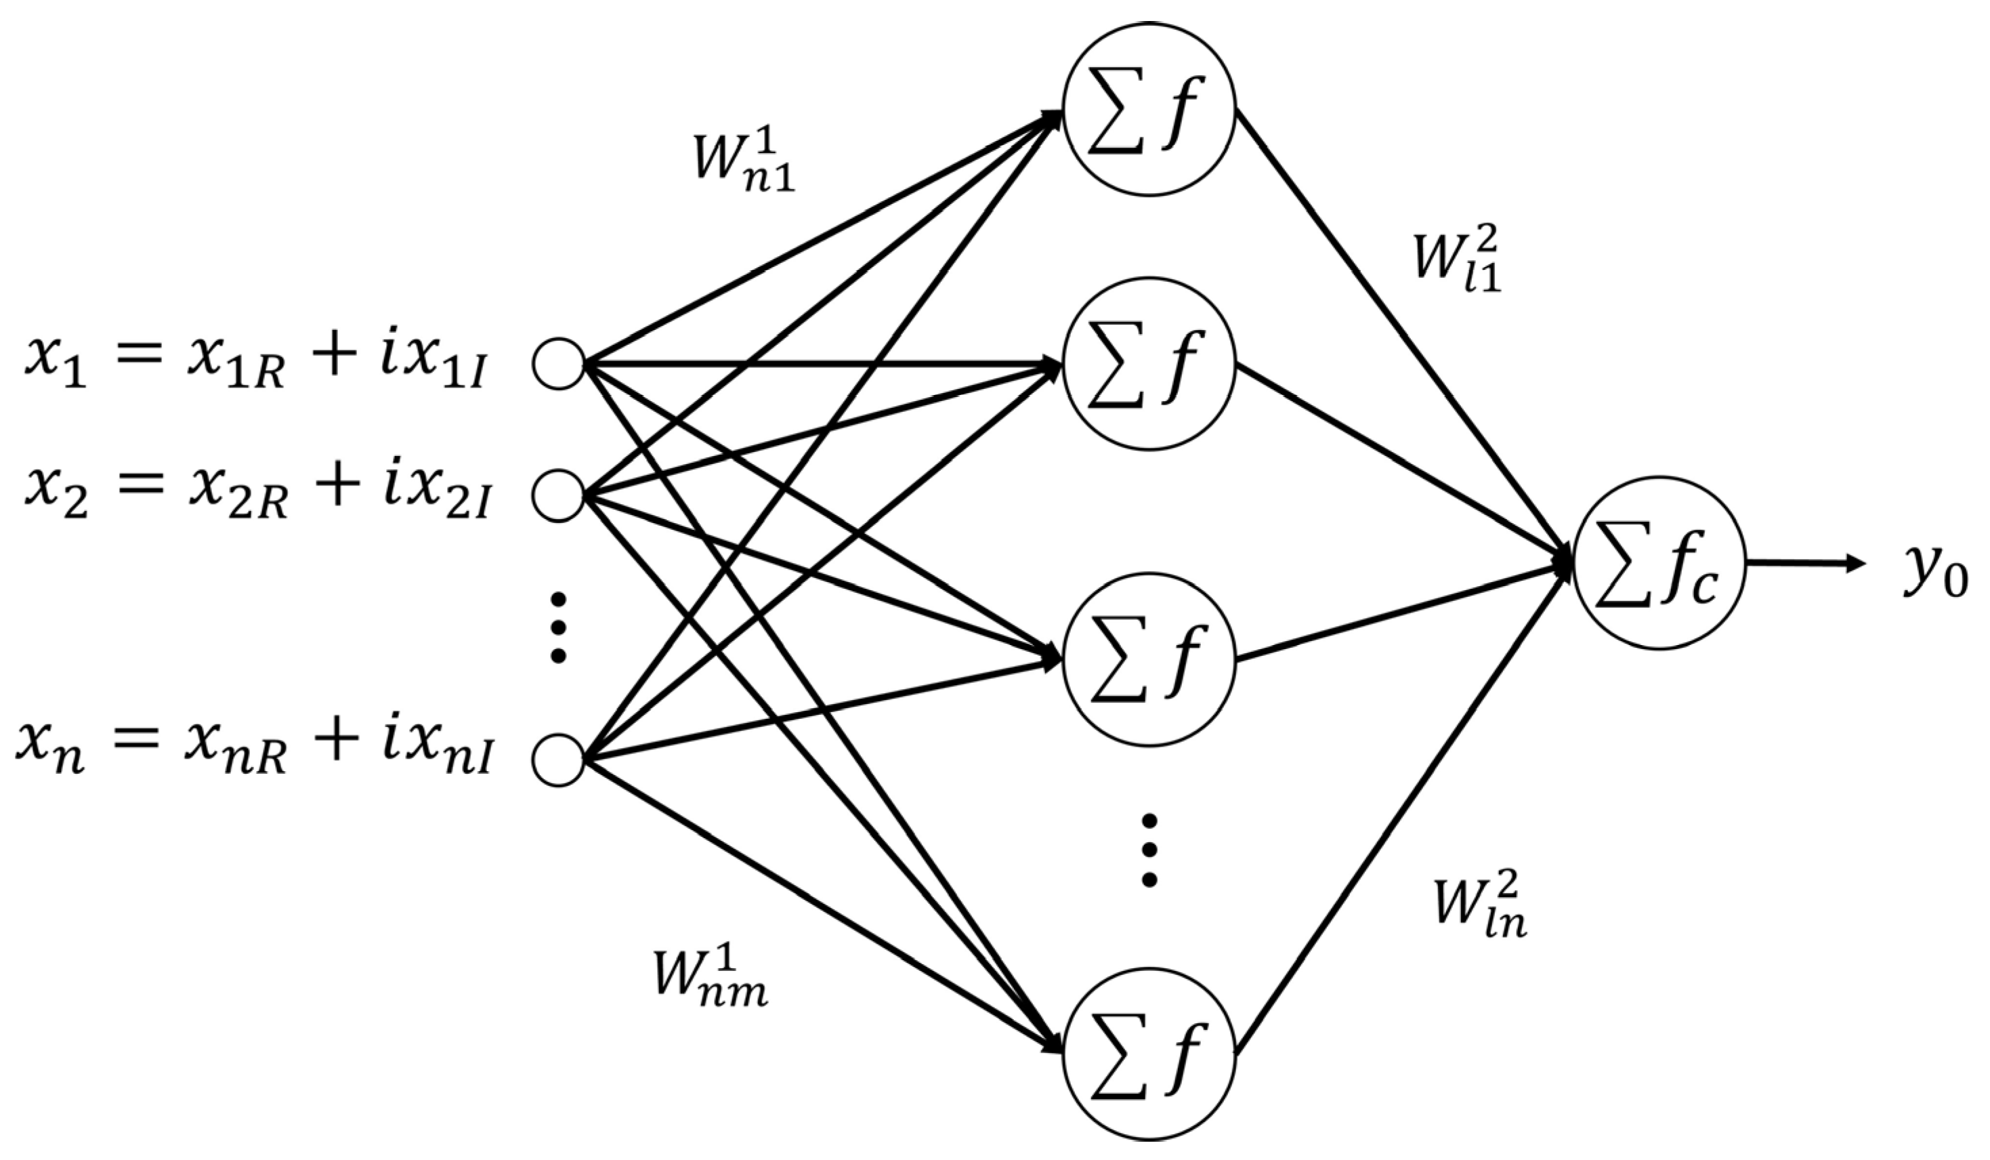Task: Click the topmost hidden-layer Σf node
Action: pyautogui.click(x=1148, y=109)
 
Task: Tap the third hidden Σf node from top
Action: pyautogui.click(x=1148, y=661)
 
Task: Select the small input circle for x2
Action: pyautogui.click(x=558, y=495)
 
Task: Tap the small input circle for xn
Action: pyautogui.click(x=558, y=760)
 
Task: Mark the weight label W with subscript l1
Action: pyautogui.click(x=1457, y=260)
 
